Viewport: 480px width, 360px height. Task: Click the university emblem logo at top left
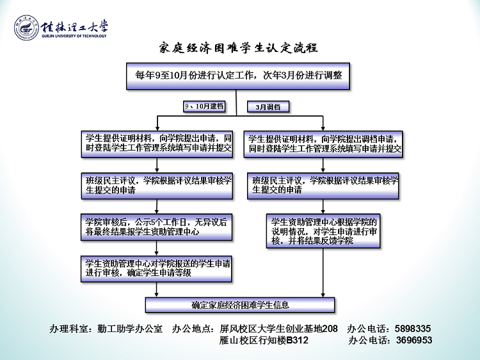tap(24, 29)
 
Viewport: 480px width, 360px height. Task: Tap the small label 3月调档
tap(268, 107)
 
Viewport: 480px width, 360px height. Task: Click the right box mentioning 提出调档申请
tap(323, 143)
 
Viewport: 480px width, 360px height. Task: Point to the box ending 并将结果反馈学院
tap(323, 231)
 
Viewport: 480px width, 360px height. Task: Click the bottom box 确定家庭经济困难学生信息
tap(240, 305)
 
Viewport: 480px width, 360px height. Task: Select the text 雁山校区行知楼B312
tap(264, 340)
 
